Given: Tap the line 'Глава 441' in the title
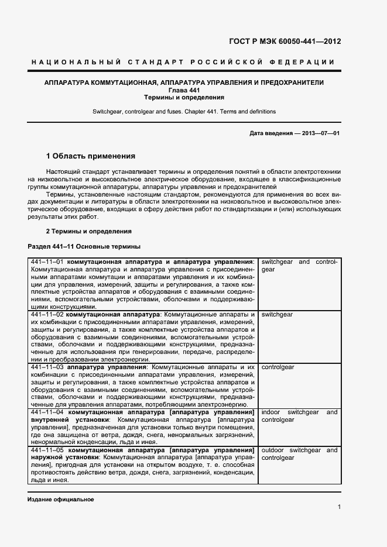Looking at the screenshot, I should click(x=184, y=90).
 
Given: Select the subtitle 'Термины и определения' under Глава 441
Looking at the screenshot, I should click(x=184, y=98).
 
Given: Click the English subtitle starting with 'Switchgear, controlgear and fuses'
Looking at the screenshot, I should click(x=184, y=111).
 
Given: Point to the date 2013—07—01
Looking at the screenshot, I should click(x=321, y=133).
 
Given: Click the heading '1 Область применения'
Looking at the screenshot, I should click(x=91, y=156).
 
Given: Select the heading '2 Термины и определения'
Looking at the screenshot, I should click(x=89, y=231).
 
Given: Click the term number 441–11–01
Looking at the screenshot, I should click(x=47, y=262).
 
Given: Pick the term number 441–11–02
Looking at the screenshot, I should click(x=47, y=315).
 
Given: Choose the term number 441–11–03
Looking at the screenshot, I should click(x=47, y=367).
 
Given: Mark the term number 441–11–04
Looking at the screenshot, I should click(x=48, y=412).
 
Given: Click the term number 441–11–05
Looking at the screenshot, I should click(x=48, y=450).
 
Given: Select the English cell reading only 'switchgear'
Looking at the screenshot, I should click(x=277, y=315).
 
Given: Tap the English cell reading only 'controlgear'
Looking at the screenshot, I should click(x=278, y=367).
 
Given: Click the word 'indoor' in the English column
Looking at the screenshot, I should click(x=271, y=412).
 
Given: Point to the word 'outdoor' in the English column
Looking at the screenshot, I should click(x=273, y=450).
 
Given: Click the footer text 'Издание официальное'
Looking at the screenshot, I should click(x=61, y=500).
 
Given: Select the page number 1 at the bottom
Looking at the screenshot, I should click(x=339, y=507).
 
